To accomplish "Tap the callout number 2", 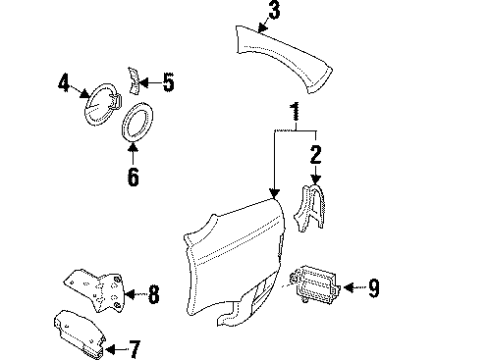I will [315, 154].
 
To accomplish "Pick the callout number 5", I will [168, 83].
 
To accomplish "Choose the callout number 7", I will [134, 348].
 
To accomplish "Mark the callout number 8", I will [154, 294].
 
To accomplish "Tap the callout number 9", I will [373, 289].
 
